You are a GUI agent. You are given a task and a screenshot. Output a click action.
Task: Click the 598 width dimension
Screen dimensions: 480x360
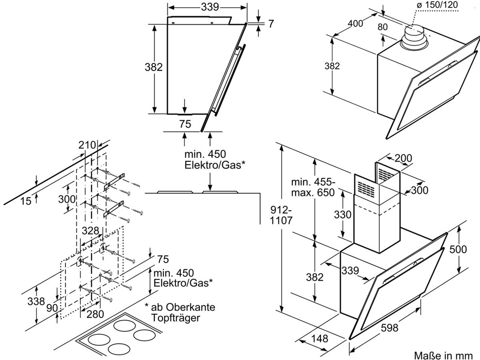pos(390,328)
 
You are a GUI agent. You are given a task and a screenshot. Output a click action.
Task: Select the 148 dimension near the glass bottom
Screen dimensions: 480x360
pos(320,338)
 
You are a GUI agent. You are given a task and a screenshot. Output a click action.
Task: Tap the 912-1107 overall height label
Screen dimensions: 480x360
pos(281,215)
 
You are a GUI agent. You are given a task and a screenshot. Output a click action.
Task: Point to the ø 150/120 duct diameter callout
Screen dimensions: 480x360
pos(437,4)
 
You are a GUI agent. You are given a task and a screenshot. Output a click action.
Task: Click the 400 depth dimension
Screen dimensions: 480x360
pos(355,23)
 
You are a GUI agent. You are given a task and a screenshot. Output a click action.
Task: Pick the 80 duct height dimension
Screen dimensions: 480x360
pos(382,27)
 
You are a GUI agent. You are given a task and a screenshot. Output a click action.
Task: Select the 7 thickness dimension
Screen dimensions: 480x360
pos(271,24)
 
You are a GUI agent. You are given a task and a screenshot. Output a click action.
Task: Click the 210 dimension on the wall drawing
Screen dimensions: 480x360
pos(87,145)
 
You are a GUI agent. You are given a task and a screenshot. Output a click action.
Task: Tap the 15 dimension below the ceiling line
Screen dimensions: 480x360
pos(26,201)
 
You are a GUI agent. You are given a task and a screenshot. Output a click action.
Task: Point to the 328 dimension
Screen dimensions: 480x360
pos(90,231)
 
